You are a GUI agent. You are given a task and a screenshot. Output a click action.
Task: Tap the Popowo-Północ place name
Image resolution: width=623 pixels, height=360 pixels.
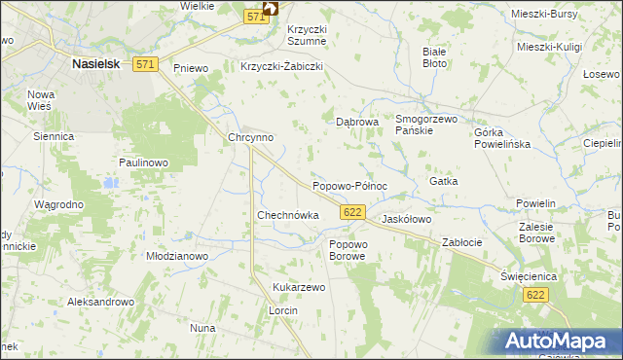(349, 185)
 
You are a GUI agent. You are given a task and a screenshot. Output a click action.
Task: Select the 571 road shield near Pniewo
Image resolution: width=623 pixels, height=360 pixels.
(145, 64)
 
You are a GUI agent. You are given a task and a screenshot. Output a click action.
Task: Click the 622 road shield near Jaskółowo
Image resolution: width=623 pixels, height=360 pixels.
(353, 212)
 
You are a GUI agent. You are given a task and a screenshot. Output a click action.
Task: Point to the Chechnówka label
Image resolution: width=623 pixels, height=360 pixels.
(287, 215)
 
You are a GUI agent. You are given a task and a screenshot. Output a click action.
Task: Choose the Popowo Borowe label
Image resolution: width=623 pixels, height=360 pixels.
(348, 250)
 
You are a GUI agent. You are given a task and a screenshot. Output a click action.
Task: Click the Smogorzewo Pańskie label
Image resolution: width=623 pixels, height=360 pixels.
(426, 125)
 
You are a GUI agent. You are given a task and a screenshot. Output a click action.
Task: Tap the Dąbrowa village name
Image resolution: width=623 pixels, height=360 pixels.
(356, 123)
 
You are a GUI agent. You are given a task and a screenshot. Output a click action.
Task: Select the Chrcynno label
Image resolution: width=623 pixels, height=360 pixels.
(250, 138)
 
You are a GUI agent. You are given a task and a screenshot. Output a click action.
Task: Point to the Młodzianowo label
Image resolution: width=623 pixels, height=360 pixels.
(177, 256)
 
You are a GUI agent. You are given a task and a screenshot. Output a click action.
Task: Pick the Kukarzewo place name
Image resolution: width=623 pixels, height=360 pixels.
(299, 288)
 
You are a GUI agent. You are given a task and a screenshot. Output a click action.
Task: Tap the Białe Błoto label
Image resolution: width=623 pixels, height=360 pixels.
(434, 56)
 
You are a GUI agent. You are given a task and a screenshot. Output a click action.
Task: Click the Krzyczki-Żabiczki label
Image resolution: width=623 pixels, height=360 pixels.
(281, 67)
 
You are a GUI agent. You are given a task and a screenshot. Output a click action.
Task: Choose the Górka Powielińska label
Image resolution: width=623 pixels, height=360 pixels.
(501, 137)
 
